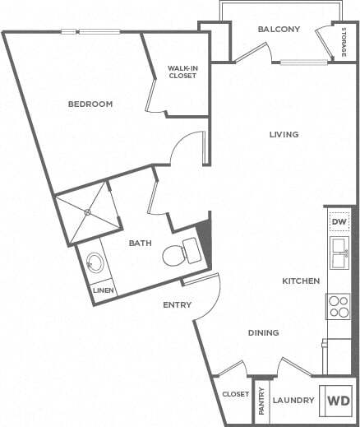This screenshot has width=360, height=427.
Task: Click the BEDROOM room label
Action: (x=90, y=104)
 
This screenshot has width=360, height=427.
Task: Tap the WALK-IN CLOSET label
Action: (x=182, y=72)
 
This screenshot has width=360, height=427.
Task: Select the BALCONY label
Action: (x=278, y=30)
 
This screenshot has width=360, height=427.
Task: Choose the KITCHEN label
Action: (x=301, y=281)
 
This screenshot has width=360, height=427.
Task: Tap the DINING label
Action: (x=264, y=333)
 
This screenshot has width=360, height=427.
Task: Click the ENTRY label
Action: (x=177, y=305)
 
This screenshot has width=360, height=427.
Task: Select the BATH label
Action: (x=139, y=243)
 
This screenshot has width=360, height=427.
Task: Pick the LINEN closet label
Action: (x=102, y=290)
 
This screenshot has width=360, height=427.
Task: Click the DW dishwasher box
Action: (x=339, y=222)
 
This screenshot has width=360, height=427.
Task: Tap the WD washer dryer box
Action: (x=339, y=401)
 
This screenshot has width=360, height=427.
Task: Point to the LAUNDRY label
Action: (x=294, y=401)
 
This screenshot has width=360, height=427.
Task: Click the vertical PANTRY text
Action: (x=262, y=401)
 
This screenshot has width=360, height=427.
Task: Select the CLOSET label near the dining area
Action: (x=235, y=395)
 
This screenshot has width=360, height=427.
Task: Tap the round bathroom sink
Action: (x=95, y=264)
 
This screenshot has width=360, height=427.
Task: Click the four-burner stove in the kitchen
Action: (x=339, y=306)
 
